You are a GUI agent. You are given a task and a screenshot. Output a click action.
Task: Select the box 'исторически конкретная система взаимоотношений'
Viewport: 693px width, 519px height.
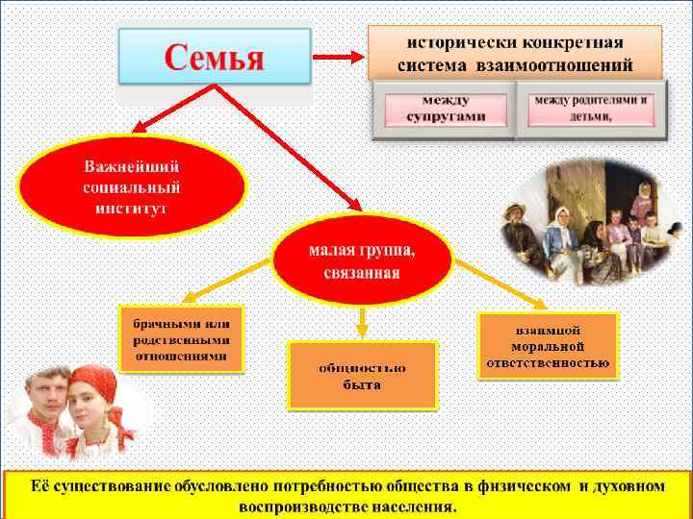515,54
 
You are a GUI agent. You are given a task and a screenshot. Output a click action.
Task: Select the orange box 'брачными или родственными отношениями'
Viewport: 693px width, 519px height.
181,338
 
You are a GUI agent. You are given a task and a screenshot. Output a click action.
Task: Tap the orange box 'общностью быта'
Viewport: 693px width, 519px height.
362,375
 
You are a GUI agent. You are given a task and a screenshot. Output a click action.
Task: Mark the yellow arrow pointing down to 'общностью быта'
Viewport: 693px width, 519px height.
362,319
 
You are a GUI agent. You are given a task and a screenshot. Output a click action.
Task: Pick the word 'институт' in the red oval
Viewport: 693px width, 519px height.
132,207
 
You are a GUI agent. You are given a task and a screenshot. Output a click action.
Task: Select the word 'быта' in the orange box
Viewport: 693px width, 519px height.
362,385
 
